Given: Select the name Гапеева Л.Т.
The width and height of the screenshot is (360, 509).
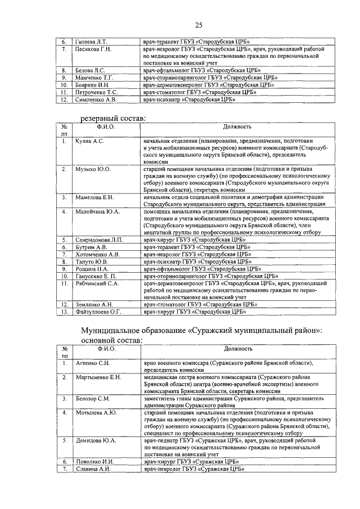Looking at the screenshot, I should coord(91,42).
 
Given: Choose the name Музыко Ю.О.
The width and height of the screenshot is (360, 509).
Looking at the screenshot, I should coord(93,169).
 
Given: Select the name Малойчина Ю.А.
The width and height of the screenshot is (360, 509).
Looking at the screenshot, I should coord(96,211).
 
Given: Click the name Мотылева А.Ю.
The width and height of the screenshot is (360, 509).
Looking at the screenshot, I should coord(96,413).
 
